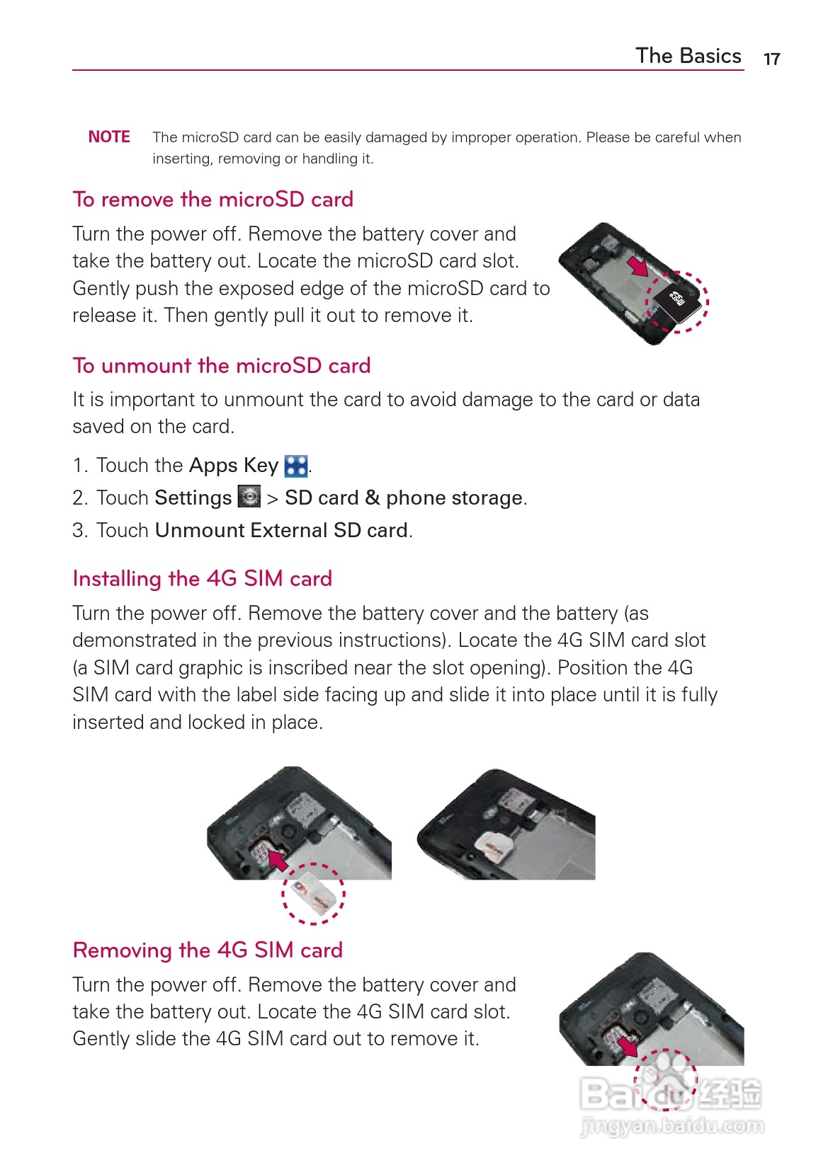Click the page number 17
point(771,59)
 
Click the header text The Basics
point(688,56)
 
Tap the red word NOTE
point(109,137)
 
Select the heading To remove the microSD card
point(212,200)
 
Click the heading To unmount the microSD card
point(222,366)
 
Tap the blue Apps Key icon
point(296,466)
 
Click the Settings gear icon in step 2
point(249,497)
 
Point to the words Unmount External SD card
point(281,530)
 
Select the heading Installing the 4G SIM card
point(202,579)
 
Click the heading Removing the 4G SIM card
point(208,950)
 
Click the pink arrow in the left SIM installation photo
point(277,860)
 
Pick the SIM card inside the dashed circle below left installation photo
point(313,893)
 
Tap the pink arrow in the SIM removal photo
point(627,1045)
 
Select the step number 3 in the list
point(79,530)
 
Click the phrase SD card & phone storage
point(404,498)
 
